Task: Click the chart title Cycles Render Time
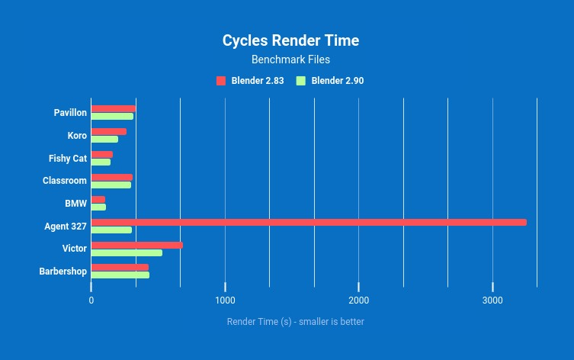[290, 40]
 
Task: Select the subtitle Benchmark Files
[290, 59]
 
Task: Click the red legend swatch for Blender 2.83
[221, 81]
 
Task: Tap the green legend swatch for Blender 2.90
[301, 81]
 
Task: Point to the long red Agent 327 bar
[309, 222]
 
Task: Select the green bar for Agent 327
[111, 230]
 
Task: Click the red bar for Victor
[137, 245]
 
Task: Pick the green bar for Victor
[127, 252]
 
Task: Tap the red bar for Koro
[109, 132]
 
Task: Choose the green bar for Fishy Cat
[101, 162]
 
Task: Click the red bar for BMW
[98, 200]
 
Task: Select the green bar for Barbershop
[120, 275]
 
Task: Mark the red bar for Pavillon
[114, 109]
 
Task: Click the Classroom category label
[65, 181]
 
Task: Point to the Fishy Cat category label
[68, 159]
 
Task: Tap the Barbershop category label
[63, 271]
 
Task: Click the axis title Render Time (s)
[295, 322]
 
